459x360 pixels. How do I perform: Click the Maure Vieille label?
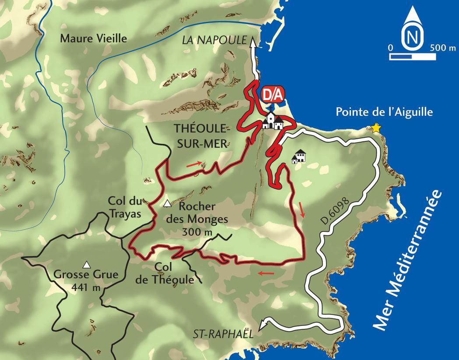(94, 38)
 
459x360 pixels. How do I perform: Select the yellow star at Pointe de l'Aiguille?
(375, 128)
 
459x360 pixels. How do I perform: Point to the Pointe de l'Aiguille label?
(384, 112)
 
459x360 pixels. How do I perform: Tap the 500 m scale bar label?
(442, 48)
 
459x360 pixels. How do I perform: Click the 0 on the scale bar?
(390, 48)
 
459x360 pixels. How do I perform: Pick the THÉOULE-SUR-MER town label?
(201, 135)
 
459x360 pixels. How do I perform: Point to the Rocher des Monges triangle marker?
(167, 204)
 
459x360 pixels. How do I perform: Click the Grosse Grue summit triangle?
(87, 264)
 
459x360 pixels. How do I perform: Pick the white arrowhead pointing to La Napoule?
(253, 42)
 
